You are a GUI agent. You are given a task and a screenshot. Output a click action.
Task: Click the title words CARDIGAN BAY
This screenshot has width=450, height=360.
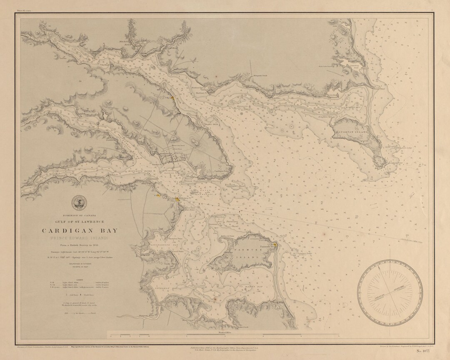click(79, 230)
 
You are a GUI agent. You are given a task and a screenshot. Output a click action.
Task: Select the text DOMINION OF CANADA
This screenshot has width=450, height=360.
click(79, 215)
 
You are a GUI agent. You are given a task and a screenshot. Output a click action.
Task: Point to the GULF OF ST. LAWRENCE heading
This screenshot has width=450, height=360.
click(79, 221)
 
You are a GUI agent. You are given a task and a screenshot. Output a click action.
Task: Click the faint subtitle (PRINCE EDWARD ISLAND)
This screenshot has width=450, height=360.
click(79, 237)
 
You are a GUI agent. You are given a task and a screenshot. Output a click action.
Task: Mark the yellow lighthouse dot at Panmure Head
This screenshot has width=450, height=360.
click(275, 245)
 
